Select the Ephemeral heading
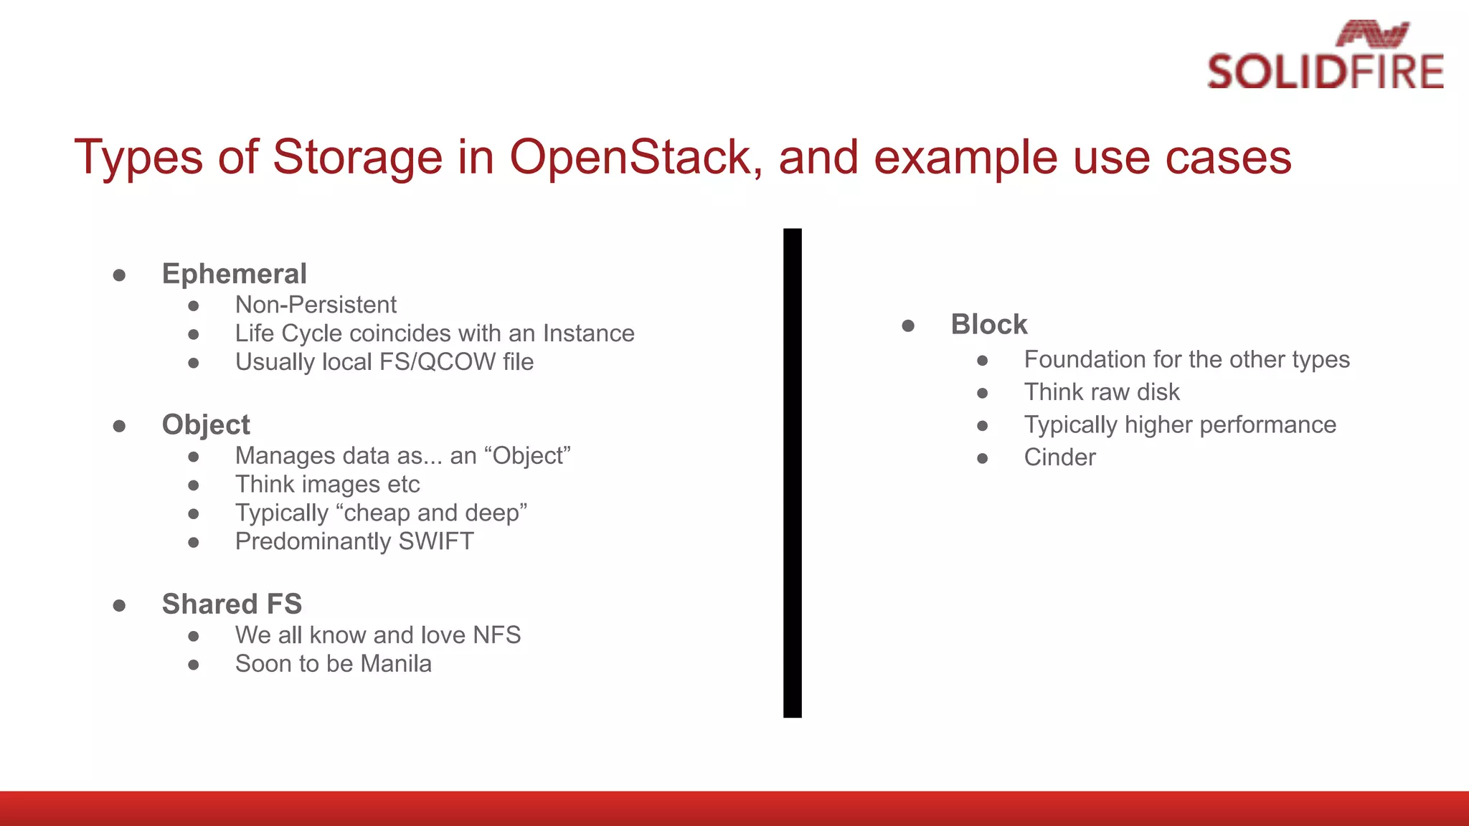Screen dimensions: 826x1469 [234, 274]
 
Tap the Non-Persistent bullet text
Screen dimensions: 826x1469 [316, 305]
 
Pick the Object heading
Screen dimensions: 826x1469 [206, 424]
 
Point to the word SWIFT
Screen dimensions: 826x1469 [436, 541]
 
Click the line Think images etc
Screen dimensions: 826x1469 [327, 485]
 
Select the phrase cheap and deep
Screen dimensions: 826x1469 [431, 513]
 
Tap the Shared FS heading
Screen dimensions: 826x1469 [232, 604]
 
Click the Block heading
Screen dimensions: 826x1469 [989, 325]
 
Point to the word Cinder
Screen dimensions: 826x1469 [1059, 457]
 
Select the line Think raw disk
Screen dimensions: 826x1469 [1101, 392]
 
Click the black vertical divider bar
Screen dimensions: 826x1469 [792, 473]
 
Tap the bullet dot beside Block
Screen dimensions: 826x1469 [908, 326]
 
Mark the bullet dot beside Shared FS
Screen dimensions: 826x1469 [120, 606]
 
